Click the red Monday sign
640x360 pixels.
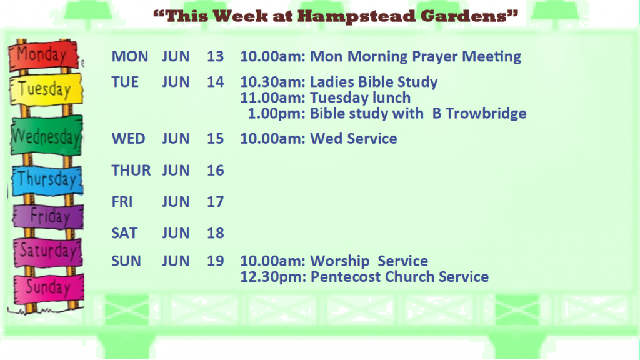pos(44,55)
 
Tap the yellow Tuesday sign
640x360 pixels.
pos(46,89)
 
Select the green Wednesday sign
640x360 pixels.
pos(46,136)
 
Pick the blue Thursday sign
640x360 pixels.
pos(47,181)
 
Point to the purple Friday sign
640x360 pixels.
pos(48,216)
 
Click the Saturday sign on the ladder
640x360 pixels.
pos(48,252)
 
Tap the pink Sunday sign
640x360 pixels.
pos(49,289)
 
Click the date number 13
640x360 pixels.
pos(215,56)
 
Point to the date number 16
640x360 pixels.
pos(215,170)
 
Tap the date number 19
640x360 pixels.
pos(215,261)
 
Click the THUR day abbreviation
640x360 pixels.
pos(131,170)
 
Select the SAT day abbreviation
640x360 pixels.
pos(124,233)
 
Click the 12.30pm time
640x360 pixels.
pos(272,277)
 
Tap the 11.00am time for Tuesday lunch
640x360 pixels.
pos(272,98)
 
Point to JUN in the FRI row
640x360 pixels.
pos(176,202)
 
